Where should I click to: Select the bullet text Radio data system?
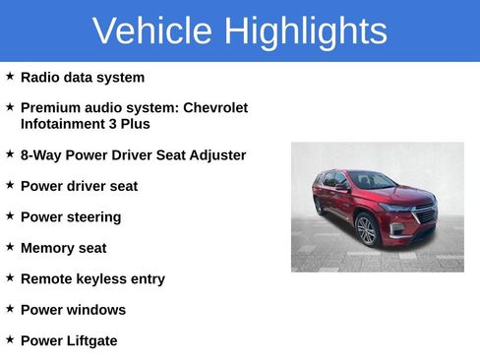(x=83, y=78)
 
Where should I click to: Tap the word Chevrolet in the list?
(x=215, y=108)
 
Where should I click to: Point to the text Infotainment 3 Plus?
(x=86, y=124)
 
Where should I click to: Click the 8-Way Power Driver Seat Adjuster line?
(x=133, y=155)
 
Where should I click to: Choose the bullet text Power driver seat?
(x=79, y=186)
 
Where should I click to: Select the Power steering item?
(x=71, y=217)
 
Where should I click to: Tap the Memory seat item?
(x=63, y=248)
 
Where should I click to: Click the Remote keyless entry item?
(x=92, y=279)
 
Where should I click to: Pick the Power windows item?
(x=73, y=310)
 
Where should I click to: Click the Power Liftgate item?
(x=69, y=341)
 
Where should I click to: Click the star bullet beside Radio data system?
(x=10, y=76)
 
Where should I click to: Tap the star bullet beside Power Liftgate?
(x=10, y=339)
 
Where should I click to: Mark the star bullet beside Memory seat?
(x=10, y=246)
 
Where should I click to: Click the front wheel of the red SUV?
(x=366, y=231)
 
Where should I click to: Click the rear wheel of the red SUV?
(x=319, y=206)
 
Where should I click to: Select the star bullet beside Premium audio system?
(x=10, y=106)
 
